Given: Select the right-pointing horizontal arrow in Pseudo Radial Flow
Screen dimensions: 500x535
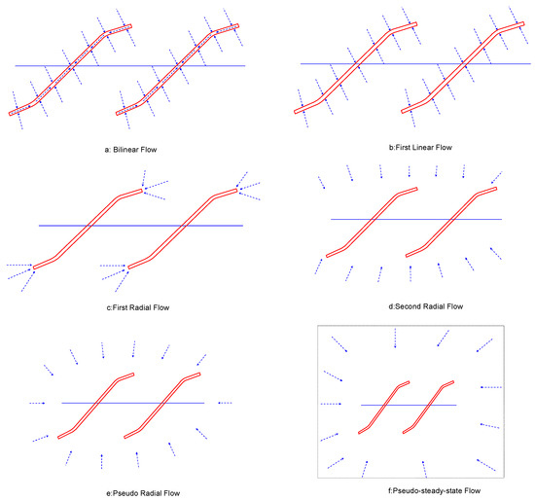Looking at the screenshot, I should (x=38, y=402).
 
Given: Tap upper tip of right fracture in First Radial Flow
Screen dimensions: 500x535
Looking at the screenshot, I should (x=236, y=189).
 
